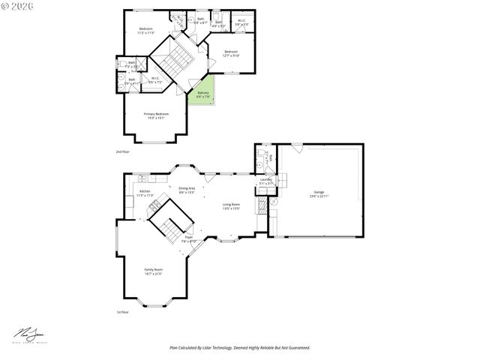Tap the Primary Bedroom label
point(156,115)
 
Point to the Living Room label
point(230,205)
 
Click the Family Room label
point(153,271)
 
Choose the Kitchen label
point(145,193)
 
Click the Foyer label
point(189,238)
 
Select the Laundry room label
point(265,181)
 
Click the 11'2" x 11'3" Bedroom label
point(145,31)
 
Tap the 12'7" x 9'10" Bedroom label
point(230,53)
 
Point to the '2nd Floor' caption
point(122,152)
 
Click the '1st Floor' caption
point(122,312)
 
